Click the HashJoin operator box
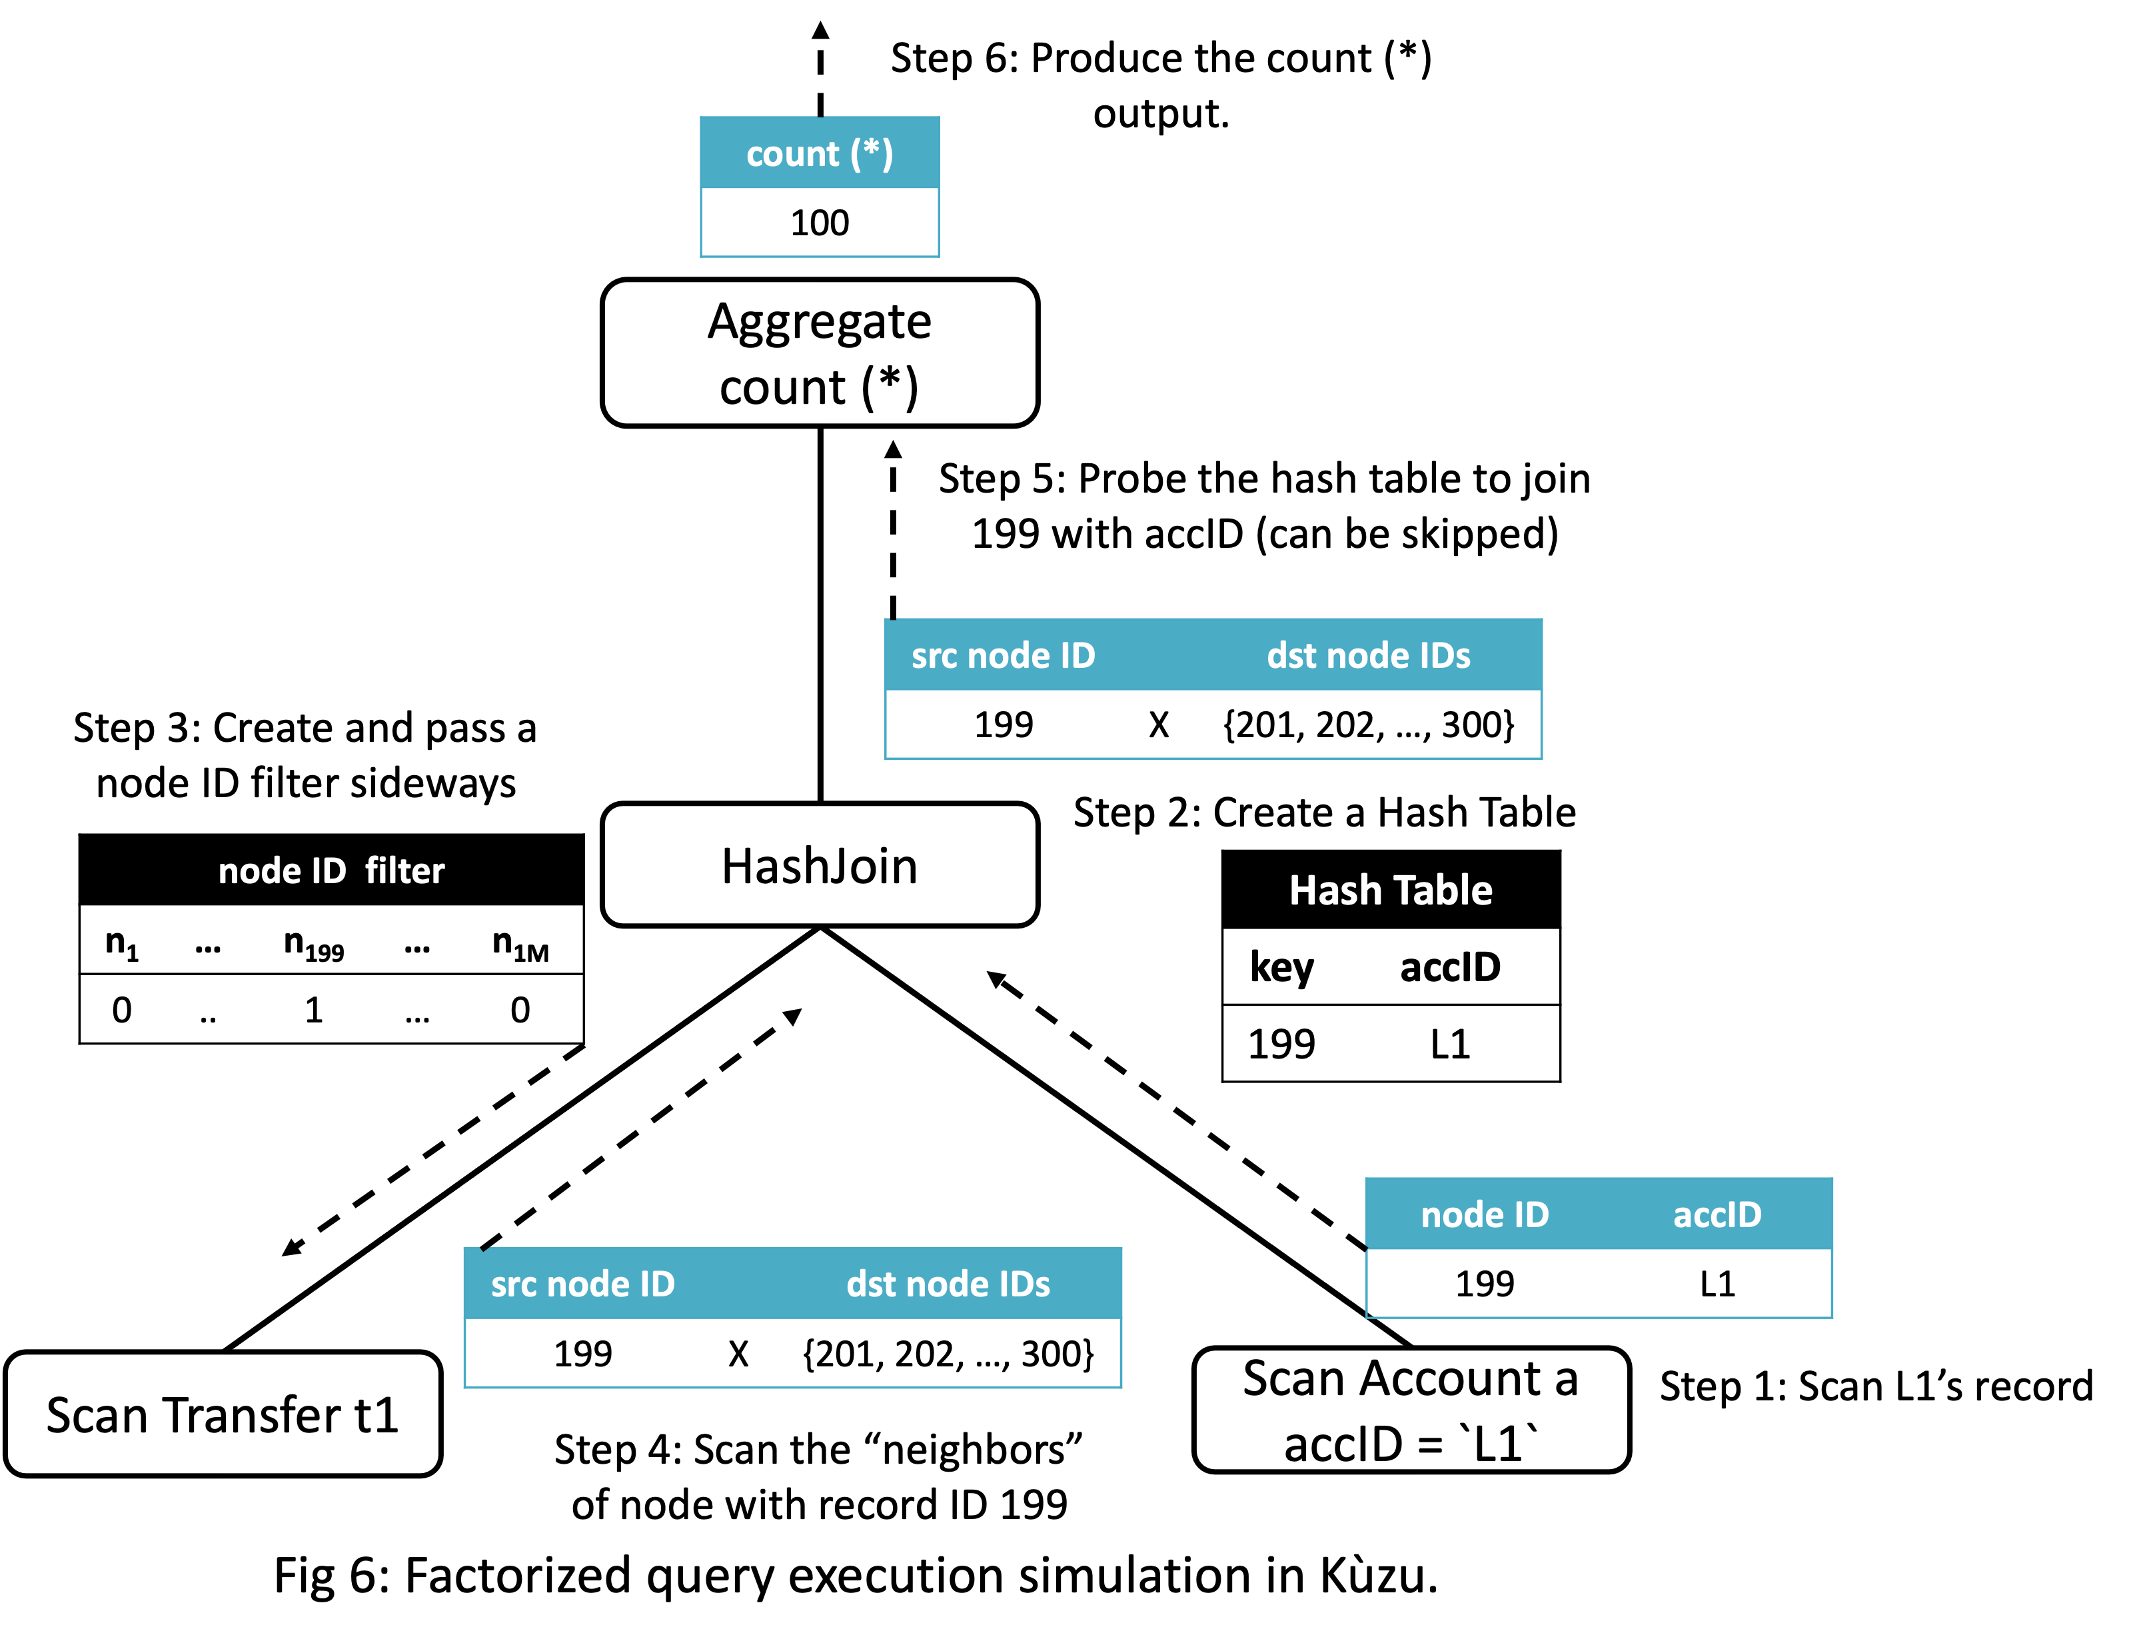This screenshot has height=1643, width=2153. coord(820,866)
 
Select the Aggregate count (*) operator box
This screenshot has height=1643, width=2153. coord(820,353)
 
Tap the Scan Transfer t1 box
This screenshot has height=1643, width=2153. coord(223,1414)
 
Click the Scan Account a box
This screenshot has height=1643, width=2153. coord(1411,1410)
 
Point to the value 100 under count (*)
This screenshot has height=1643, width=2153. coord(820,223)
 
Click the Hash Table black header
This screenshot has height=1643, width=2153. coord(1391,890)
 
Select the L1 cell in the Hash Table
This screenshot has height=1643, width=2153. coord(1450,1044)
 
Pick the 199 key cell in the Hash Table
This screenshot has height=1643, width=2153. coord(1281,1044)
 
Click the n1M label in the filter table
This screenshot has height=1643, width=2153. coord(520,944)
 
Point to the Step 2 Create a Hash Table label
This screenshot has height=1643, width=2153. coord(1324,813)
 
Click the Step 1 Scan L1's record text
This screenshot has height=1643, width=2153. coord(1875,1386)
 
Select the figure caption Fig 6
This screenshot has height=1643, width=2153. coord(856,1576)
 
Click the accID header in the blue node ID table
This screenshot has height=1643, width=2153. coord(1717,1214)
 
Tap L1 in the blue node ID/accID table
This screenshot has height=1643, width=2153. coord(1717,1283)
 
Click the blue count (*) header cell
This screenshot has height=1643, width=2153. coord(820,153)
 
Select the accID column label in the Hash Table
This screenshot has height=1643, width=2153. coord(1450,967)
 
